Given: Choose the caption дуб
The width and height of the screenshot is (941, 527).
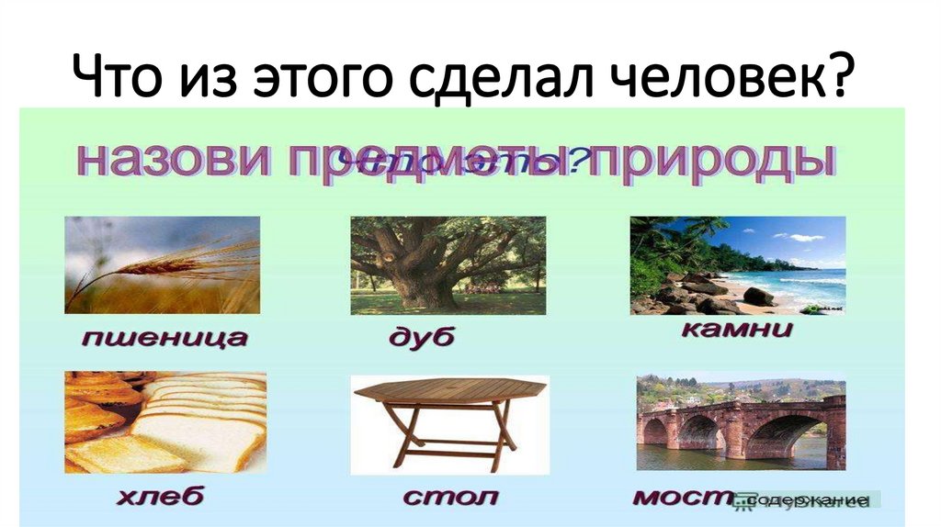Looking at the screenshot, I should coord(421,338).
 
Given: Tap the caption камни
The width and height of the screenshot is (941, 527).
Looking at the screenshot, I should coord(737,330).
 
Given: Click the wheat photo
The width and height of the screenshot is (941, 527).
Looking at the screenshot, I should coord(162,264).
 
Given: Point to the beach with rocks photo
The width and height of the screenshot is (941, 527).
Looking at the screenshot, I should coord(737,265).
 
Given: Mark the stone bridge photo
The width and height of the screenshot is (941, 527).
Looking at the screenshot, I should coord(741,421).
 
